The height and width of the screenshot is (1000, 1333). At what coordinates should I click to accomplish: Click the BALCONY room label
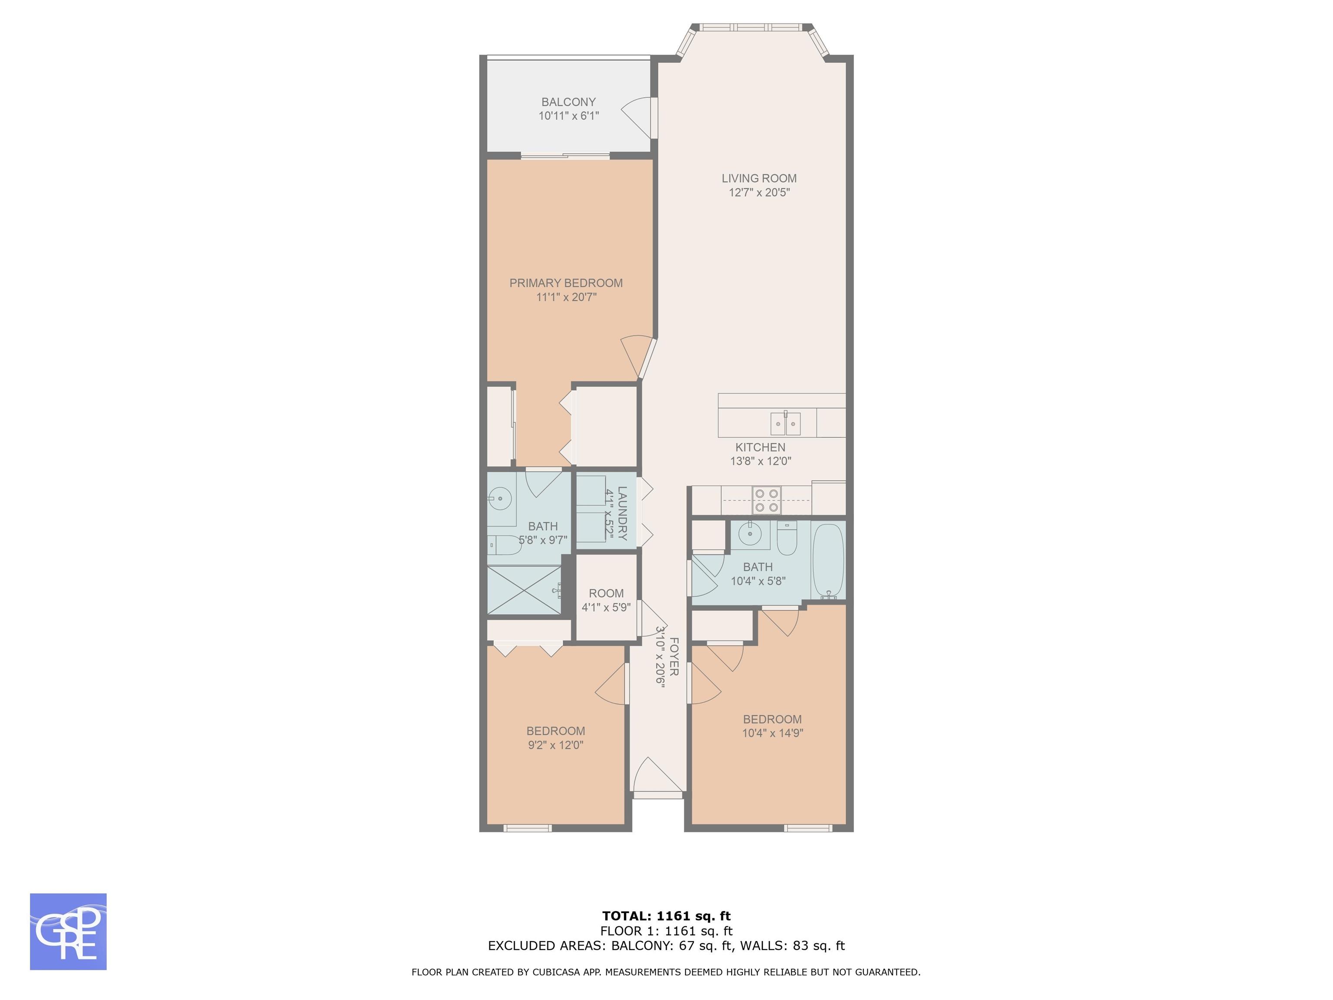click(568, 102)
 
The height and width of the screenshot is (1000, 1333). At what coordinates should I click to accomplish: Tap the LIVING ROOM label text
click(758, 178)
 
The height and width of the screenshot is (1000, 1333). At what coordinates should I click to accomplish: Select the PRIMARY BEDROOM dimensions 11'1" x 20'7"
click(566, 297)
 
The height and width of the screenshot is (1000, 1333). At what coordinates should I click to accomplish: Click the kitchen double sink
click(786, 424)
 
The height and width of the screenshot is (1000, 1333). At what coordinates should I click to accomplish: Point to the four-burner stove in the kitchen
click(767, 500)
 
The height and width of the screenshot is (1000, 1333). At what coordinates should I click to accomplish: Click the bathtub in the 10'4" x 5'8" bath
click(829, 561)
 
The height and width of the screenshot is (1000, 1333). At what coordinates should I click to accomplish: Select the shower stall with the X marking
click(524, 590)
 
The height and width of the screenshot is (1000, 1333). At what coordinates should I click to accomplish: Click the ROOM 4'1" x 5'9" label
click(606, 600)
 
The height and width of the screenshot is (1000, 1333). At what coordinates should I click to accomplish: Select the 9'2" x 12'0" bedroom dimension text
click(555, 745)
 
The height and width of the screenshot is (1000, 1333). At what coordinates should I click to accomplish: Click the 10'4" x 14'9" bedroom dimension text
click(772, 734)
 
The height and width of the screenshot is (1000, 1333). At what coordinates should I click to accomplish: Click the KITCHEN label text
click(761, 447)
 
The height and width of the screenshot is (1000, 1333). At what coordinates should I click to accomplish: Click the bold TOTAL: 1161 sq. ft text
click(666, 916)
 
